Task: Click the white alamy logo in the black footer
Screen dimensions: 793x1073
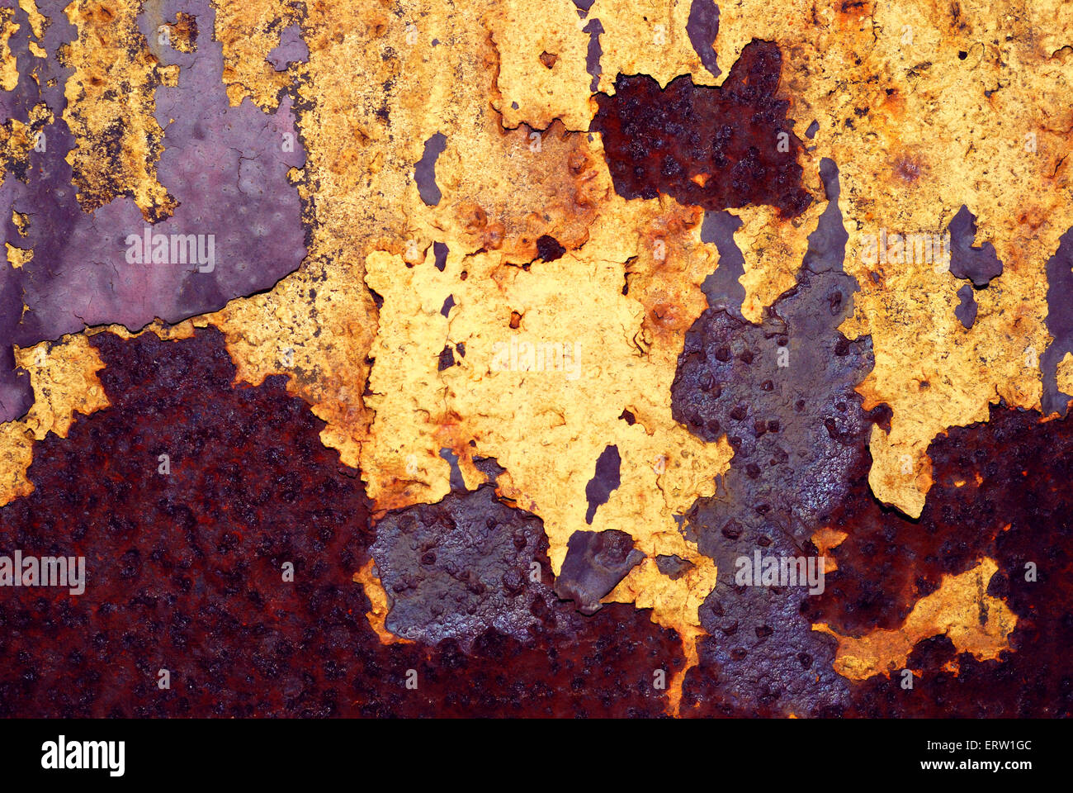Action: pos(83,756)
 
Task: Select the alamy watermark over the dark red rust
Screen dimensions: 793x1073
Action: pos(43,572)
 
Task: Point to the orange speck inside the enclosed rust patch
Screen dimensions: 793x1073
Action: pos(700,178)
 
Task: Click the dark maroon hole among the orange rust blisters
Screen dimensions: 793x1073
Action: pos(549,247)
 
